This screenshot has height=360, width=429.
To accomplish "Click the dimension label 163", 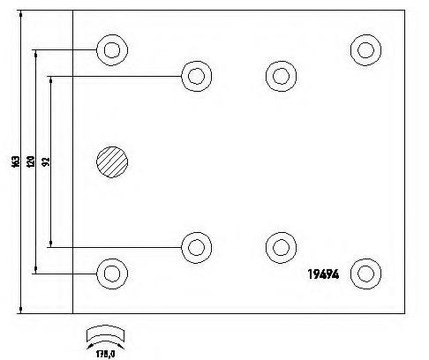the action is [x=16, y=161].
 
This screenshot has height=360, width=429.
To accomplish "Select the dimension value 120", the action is [x=31, y=161].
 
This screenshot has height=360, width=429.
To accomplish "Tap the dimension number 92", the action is [x=46, y=161].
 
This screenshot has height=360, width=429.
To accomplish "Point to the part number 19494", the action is [x=323, y=274].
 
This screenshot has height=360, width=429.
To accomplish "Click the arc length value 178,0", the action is [x=105, y=354].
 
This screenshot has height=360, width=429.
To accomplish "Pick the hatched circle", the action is [x=112, y=162].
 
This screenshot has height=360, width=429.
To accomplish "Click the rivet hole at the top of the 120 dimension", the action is [x=112, y=50].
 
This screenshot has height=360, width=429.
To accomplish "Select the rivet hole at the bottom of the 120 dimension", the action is [x=112, y=274].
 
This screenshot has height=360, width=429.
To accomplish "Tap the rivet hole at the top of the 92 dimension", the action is [x=197, y=76].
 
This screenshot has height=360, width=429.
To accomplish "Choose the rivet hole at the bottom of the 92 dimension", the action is [x=197, y=248].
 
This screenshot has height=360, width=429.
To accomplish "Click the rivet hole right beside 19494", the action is [x=365, y=274].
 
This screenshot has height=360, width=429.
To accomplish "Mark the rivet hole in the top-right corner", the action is [x=365, y=50].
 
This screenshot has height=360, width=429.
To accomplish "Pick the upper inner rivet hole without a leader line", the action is [x=281, y=76].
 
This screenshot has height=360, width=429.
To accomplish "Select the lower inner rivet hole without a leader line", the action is [x=281, y=248].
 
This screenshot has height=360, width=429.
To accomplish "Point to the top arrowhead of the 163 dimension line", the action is [x=20, y=14].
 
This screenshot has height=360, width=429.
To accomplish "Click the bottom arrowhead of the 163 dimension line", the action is [x=20, y=310].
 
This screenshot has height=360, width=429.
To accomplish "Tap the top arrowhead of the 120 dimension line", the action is [x=36, y=54].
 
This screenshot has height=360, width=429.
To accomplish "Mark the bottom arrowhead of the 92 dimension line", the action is [x=51, y=244].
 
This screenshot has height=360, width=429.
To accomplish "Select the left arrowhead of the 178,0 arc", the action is [x=90, y=346].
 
